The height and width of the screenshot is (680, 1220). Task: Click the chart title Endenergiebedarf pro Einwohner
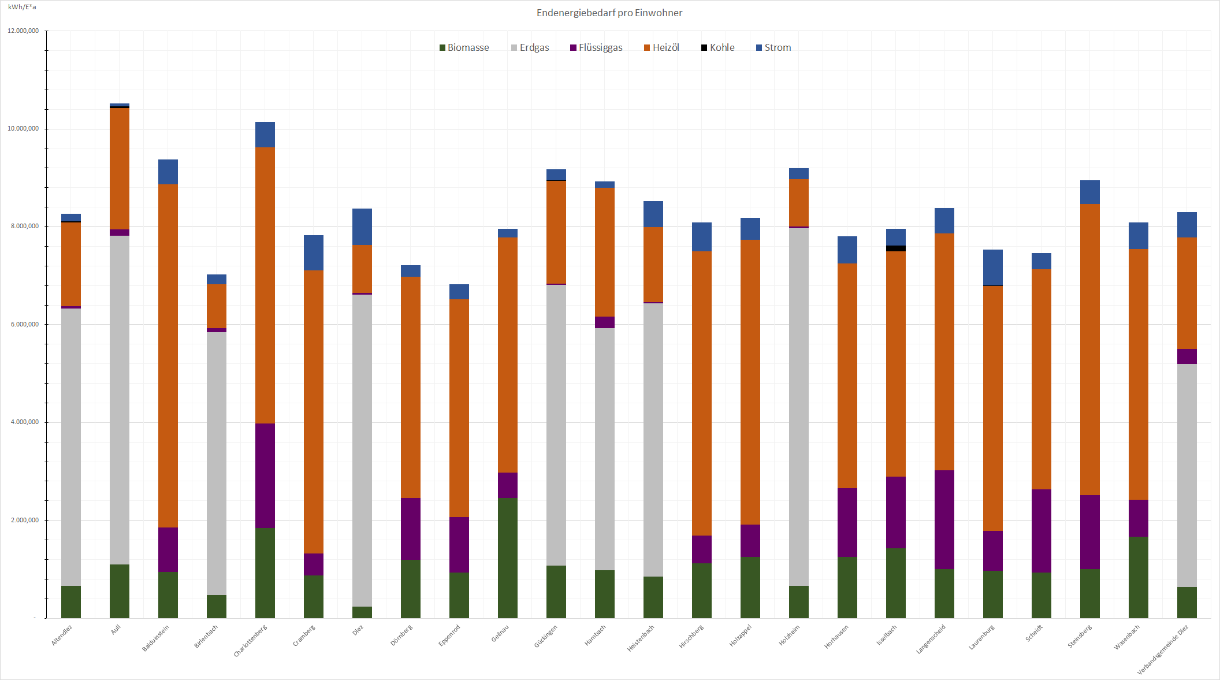pos(609,13)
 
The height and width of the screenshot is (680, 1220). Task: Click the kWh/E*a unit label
pos(22,7)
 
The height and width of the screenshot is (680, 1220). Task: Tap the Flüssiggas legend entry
pos(596,47)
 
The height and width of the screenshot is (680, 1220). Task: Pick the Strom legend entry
pos(773,47)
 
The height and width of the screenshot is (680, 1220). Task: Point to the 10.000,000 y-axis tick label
pos(23,128)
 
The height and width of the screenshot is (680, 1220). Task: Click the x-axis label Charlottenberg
pos(251,641)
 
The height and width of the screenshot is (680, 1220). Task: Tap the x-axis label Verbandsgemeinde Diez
pos(1163,649)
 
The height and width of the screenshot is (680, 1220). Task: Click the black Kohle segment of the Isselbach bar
pos(896,248)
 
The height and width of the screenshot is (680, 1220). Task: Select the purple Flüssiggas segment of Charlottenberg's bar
pos(265,475)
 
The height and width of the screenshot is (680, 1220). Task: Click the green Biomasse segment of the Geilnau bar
pos(508,558)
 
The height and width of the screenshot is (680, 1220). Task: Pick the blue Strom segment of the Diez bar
pos(362,226)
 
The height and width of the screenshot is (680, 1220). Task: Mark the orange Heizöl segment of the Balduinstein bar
pos(168,355)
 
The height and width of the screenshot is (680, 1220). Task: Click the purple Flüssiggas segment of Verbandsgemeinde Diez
pos(1187,356)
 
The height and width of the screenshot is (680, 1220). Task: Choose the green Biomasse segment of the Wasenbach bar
pos(1139,577)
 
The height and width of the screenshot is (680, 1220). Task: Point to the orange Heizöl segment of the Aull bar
pos(120,169)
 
